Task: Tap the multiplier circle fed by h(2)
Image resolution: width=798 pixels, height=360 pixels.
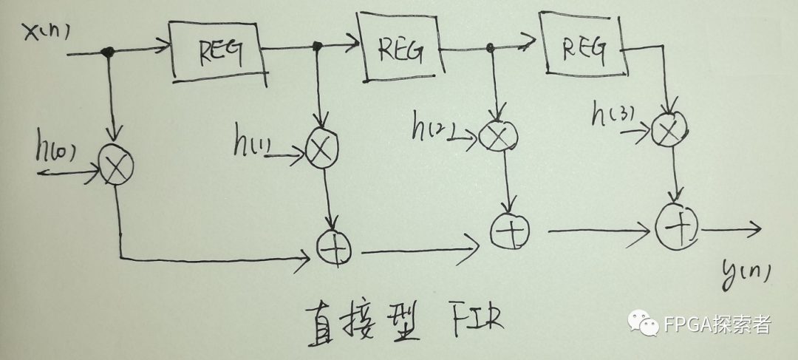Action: (498, 135)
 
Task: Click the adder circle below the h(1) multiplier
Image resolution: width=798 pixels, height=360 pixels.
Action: (335, 247)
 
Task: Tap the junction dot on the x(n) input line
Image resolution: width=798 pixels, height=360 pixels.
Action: (109, 52)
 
